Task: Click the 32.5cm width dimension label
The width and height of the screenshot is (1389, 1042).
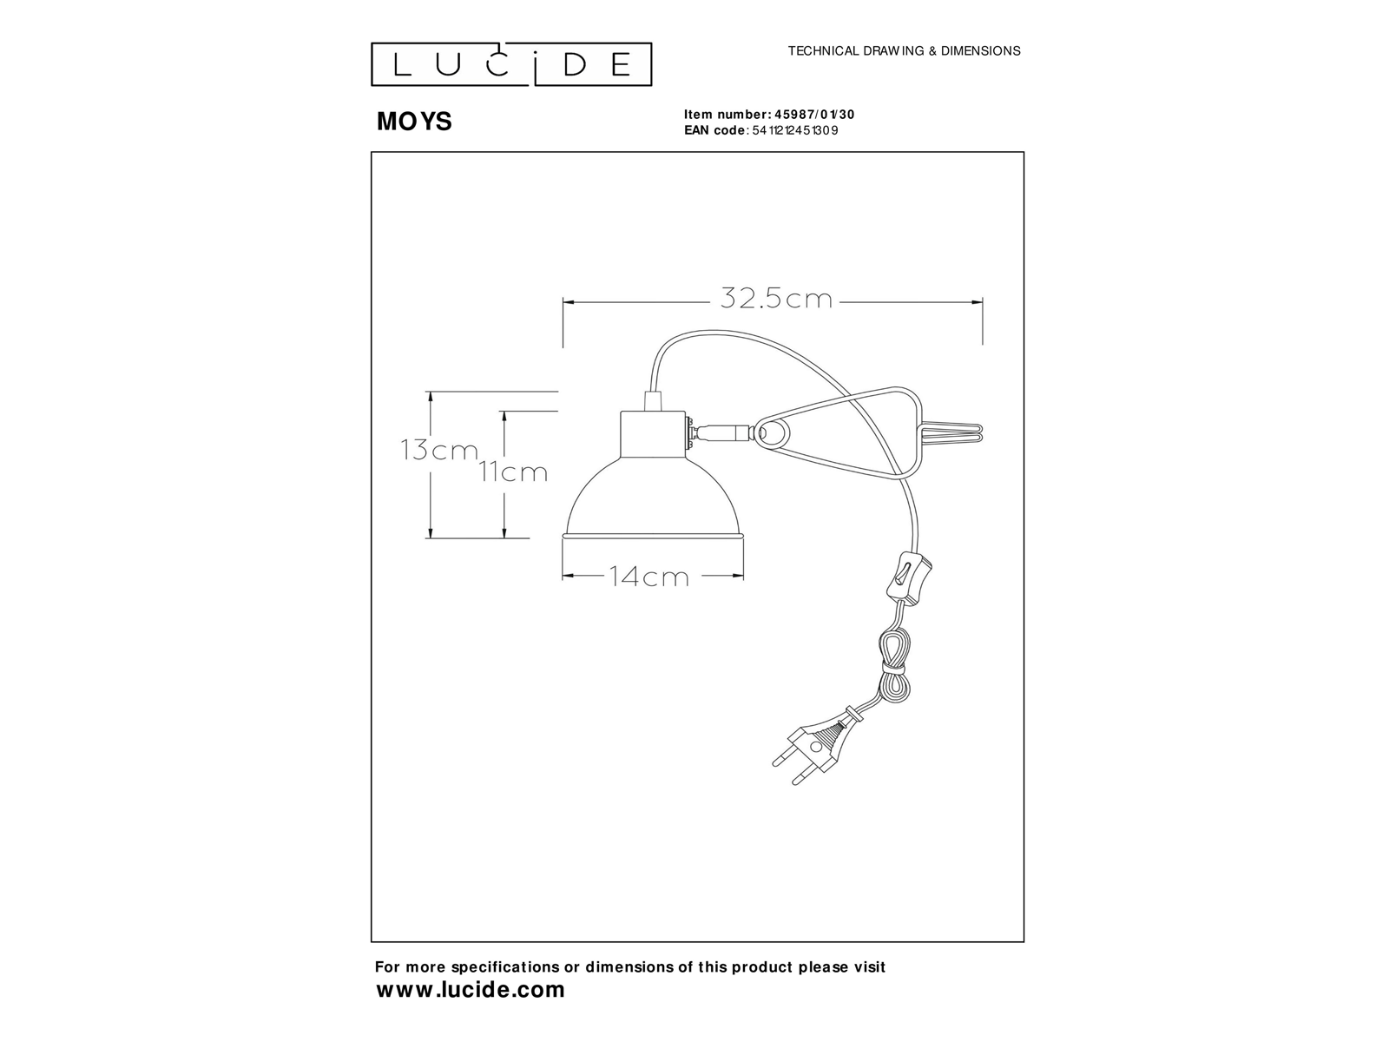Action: click(x=776, y=299)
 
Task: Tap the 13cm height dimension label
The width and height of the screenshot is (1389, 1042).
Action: click(x=439, y=450)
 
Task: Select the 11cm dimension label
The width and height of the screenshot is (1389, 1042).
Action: click(x=512, y=472)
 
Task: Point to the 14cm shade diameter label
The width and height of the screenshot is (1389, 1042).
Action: click(x=648, y=577)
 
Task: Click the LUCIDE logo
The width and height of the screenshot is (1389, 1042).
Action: click(x=511, y=64)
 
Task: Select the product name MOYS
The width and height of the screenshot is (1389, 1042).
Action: click(x=414, y=121)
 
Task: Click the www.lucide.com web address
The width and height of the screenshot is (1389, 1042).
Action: click(x=471, y=990)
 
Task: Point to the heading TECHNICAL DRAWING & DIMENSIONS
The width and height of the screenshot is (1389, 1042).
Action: click(x=905, y=50)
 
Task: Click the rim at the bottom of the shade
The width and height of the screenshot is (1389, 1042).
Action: click(x=653, y=537)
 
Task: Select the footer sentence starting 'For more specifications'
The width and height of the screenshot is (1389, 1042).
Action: click(x=630, y=966)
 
